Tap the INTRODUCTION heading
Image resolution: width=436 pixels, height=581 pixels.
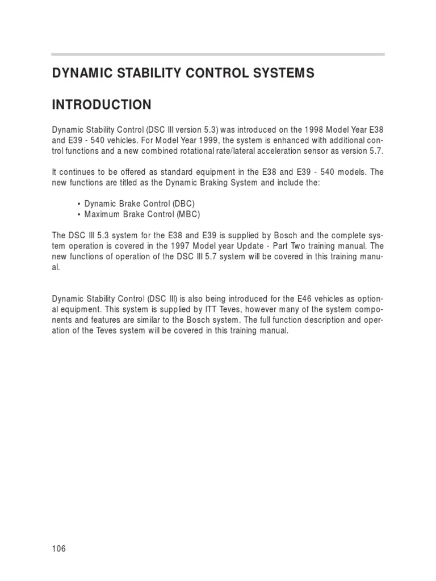pyautogui.click(x=102, y=105)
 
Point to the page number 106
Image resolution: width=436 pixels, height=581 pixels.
pyautogui.click(x=59, y=548)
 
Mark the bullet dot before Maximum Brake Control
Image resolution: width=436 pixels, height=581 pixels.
pyautogui.click(x=78, y=214)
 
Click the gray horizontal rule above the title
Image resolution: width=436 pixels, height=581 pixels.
pyautogui.click(x=218, y=54)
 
